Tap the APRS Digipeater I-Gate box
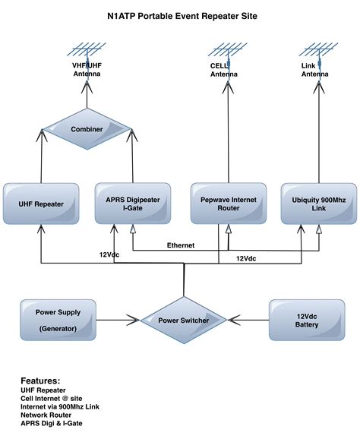132,203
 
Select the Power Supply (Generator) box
58,319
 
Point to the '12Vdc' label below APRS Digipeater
111,254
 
